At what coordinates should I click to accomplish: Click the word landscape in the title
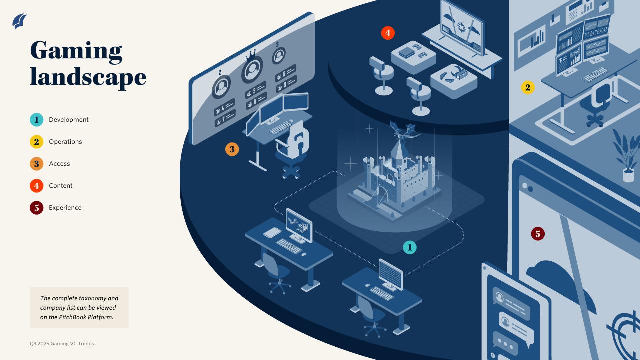(88, 77)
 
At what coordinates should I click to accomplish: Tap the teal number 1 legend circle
(36, 120)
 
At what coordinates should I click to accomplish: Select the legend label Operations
(65, 142)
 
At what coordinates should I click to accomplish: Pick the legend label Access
(59, 164)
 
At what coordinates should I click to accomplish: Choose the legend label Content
(60, 186)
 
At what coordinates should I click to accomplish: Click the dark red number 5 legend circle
(36, 208)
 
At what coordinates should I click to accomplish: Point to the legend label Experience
(65, 208)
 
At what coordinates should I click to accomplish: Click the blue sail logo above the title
(20, 21)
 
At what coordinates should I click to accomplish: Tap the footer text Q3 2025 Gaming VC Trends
(62, 344)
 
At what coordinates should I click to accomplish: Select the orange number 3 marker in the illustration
(232, 149)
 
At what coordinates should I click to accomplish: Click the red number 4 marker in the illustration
(388, 33)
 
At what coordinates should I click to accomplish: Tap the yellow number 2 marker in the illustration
(527, 88)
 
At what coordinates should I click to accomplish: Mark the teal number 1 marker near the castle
(409, 247)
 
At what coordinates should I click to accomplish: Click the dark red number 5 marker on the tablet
(538, 234)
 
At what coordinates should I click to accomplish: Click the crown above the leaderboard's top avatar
(252, 53)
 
